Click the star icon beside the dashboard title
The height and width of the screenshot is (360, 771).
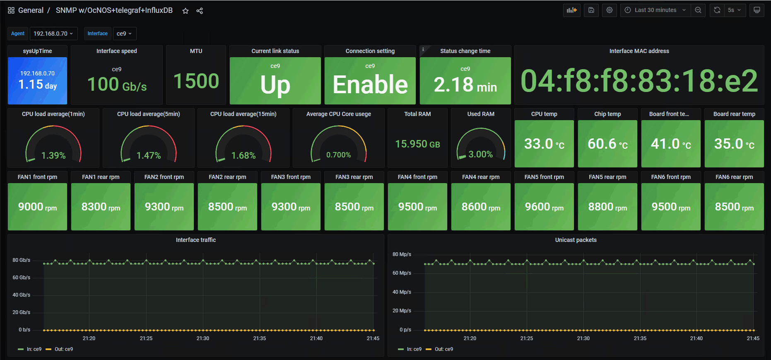186,11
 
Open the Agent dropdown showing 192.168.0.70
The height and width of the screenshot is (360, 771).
53,34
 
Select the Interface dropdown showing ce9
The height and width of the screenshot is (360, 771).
124,34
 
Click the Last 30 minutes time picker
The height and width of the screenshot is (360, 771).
655,10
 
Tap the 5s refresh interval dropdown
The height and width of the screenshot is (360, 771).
735,10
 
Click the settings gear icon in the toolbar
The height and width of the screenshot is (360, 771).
610,10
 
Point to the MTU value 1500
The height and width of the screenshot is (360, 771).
196,81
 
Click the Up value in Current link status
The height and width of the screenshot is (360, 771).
275,85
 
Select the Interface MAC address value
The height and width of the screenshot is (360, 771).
639,81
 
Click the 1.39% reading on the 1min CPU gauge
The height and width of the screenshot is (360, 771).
53,155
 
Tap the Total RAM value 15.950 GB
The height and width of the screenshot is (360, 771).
417,144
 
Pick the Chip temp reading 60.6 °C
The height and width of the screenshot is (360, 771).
607,144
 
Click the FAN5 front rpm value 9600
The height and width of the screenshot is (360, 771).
544,207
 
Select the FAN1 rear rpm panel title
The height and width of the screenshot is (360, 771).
101,177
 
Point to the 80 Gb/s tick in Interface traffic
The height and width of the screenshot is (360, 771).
21,260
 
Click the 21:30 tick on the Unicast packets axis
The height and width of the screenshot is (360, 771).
583,338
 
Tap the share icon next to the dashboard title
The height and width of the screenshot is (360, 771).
200,11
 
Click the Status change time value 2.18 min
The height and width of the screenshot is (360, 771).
465,85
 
